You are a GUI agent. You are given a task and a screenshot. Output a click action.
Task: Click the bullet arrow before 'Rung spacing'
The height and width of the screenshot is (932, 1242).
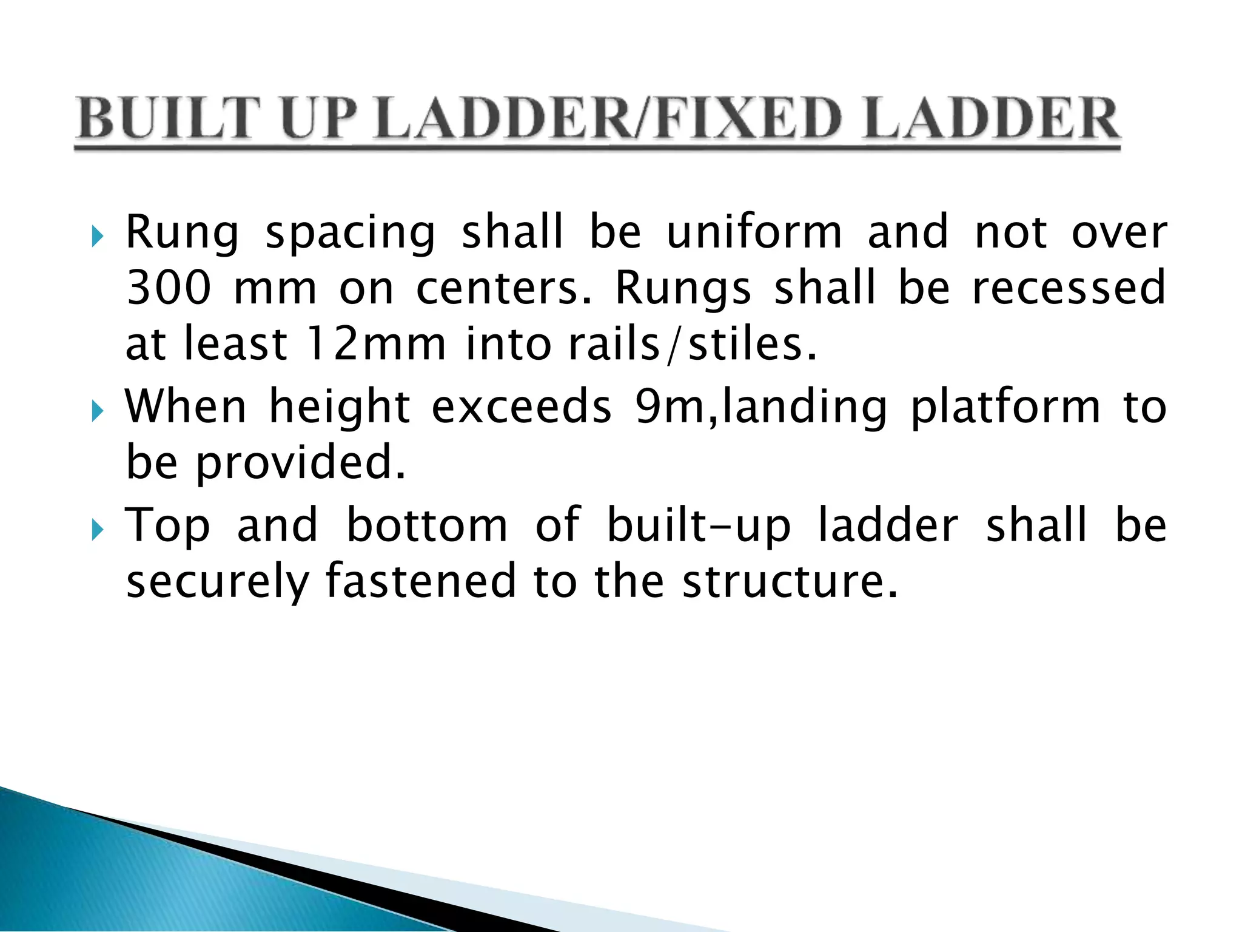pyautogui.click(x=97, y=235)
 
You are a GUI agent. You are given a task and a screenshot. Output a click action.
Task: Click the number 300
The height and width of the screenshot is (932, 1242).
pyautogui.click(x=169, y=288)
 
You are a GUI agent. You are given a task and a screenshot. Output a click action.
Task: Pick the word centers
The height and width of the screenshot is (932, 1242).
pyautogui.click(x=503, y=289)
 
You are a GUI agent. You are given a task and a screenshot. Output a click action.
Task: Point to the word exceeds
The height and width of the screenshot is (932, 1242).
pyautogui.click(x=522, y=407)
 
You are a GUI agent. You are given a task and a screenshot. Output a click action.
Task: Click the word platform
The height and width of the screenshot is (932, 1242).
pyautogui.click(x=1005, y=408)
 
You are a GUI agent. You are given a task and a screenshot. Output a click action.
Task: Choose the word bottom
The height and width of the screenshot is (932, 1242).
pyautogui.click(x=427, y=525)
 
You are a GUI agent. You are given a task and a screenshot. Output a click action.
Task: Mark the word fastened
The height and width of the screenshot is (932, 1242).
pyautogui.click(x=420, y=581)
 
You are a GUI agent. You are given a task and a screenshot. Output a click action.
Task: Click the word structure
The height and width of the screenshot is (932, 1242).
pyautogui.click(x=790, y=582)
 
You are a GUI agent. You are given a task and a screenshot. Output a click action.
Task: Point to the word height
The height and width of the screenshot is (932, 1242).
pyautogui.click(x=340, y=408)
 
